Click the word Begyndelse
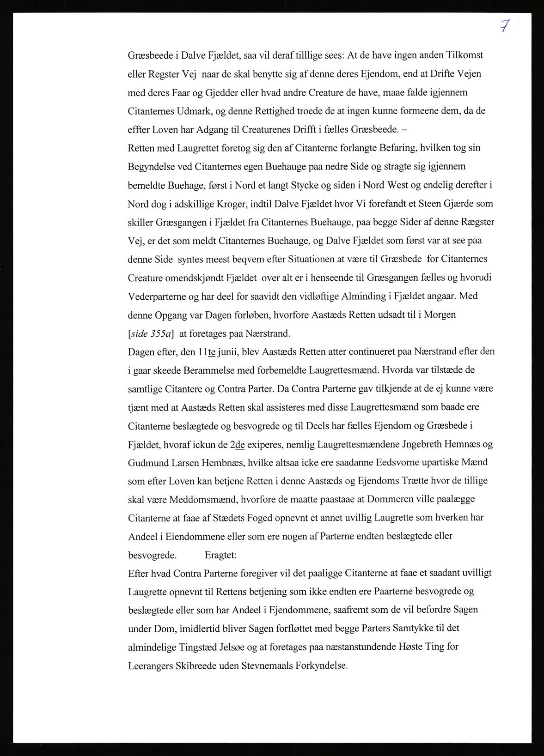coord(150,166)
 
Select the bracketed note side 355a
coord(147,333)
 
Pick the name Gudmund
coord(147,462)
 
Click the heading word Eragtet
coord(220,555)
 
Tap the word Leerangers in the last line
coord(150,665)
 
